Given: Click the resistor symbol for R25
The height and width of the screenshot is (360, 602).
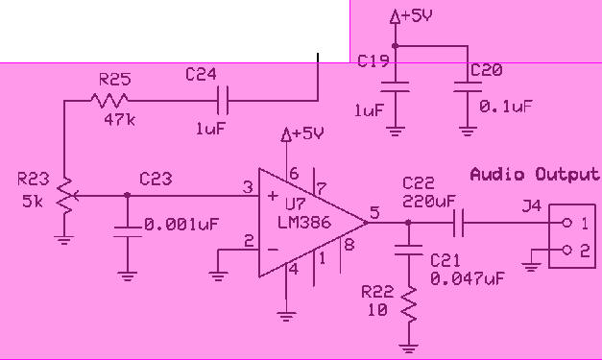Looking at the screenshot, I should click(x=111, y=98).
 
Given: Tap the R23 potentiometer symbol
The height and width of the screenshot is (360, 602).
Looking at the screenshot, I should click(x=64, y=195).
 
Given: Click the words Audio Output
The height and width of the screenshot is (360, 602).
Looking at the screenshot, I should click(x=533, y=175).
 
